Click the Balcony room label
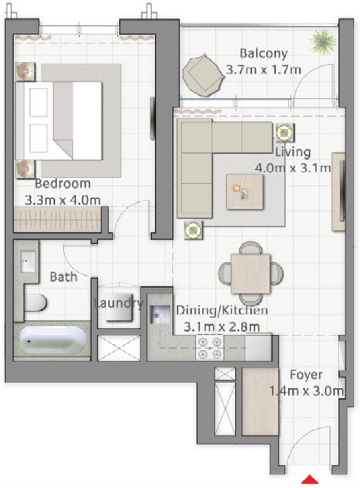click(x=264, y=53)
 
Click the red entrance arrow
click(x=310, y=480)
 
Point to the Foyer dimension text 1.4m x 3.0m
click(x=307, y=391)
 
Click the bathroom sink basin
click(x=27, y=262)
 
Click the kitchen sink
click(x=159, y=314)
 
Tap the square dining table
click(x=250, y=274)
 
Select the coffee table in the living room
click(x=245, y=191)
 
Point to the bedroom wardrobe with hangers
click(x=58, y=219)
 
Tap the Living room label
click(x=293, y=152)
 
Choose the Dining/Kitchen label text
click(x=222, y=310)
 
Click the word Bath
click(x=63, y=277)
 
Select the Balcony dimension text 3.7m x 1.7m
click(x=264, y=70)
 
